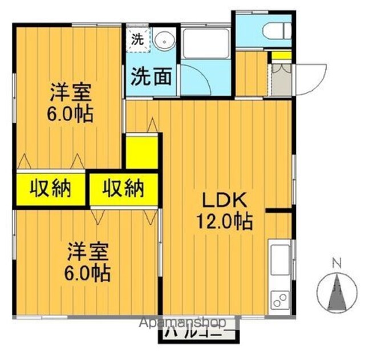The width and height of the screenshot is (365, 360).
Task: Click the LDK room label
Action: (x=224, y=200)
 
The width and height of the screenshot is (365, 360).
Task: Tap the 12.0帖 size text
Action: (x=225, y=221)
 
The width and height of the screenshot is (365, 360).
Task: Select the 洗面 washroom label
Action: (x=151, y=76)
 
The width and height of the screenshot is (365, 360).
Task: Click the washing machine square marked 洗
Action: (x=138, y=39)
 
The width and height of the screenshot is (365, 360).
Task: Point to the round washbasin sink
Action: (x=165, y=42)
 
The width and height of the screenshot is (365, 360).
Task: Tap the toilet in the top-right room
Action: (x=277, y=31)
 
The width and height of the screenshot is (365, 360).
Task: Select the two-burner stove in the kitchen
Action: (x=280, y=300)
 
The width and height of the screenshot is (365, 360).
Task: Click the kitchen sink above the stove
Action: (x=279, y=259)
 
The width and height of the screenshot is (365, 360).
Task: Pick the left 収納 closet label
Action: (x=50, y=188)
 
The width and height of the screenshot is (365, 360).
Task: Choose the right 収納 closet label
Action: (x=123, y=188)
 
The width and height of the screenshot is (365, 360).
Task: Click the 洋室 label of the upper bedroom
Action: (x=70, y=92)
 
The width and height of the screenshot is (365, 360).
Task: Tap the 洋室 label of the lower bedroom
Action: (x=88, y=252)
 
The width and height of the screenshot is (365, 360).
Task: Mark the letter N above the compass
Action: (x=336, y=264)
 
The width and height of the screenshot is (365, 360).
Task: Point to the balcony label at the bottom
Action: (x=193, y=335)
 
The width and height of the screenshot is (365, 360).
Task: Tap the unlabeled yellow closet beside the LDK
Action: (x=141, y=152)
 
